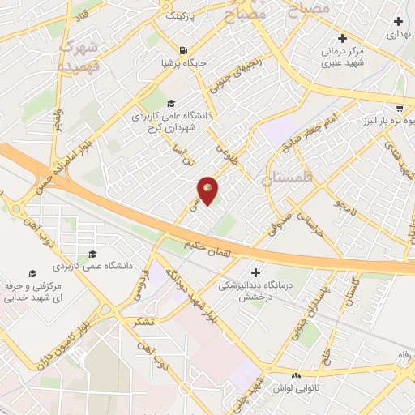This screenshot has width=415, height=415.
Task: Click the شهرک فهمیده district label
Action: [79, 54]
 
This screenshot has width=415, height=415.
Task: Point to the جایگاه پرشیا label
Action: [186, 62]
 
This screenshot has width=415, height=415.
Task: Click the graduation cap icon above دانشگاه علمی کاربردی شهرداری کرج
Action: [171, 103]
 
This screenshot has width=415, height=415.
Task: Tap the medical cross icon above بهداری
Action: [397, 21]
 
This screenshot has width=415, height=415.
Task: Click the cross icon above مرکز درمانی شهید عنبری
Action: [343, 37]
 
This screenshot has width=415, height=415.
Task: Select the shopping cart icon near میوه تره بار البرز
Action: [400, 108]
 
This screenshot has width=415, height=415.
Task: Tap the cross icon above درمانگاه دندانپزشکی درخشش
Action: [256, 272]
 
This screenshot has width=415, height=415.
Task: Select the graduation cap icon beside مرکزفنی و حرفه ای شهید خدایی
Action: [32, 273]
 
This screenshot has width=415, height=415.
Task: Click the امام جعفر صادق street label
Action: [306, 133]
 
